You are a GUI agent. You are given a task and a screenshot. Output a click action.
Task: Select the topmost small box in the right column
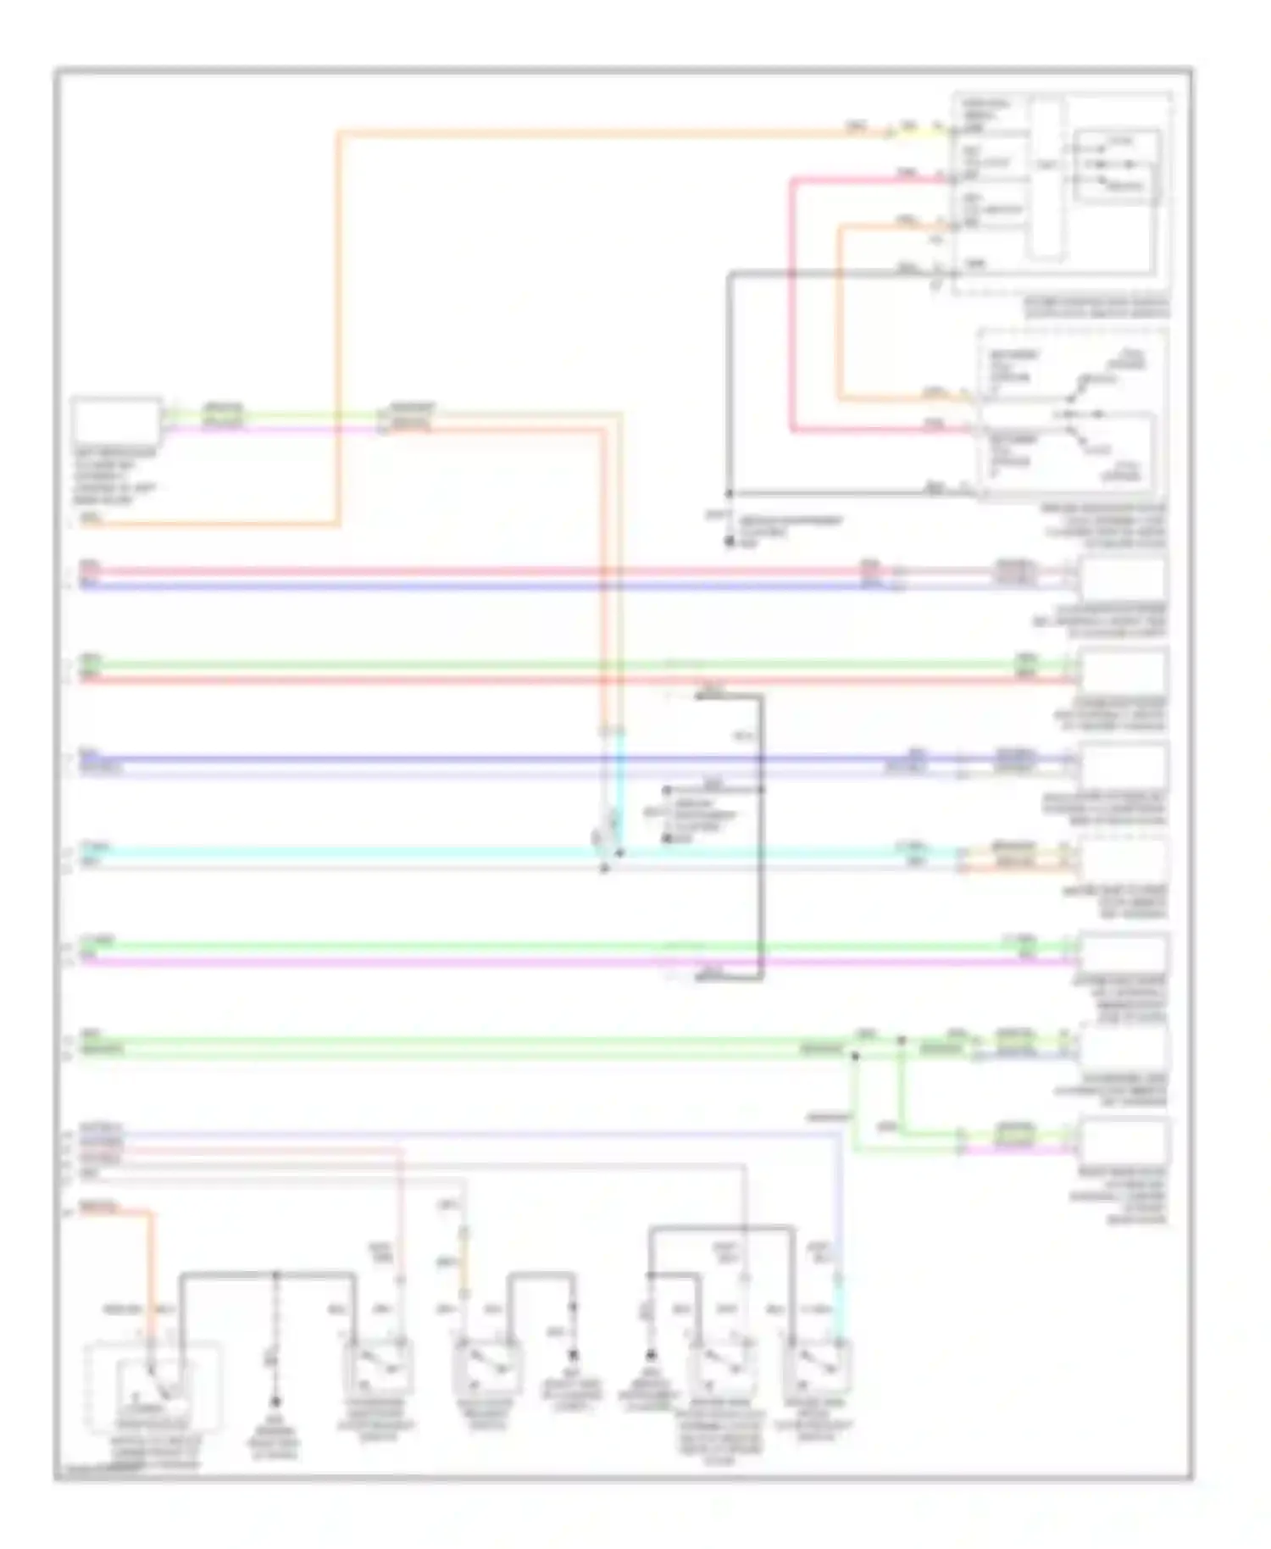[x=1122, y=580]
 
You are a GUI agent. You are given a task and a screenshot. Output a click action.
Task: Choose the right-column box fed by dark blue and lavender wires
[x=1122, y=765]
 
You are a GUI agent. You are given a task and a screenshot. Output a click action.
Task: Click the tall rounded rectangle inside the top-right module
[x=1047, y=178]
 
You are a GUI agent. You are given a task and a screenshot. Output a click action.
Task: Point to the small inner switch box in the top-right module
[x=1117, y=166]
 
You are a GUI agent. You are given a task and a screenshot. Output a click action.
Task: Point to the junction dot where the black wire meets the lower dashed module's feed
[x=729, y=493]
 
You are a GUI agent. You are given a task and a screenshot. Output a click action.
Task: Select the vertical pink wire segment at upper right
[x=792, y=305]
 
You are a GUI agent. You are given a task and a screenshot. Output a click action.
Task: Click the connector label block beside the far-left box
[x=223, y=416]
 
